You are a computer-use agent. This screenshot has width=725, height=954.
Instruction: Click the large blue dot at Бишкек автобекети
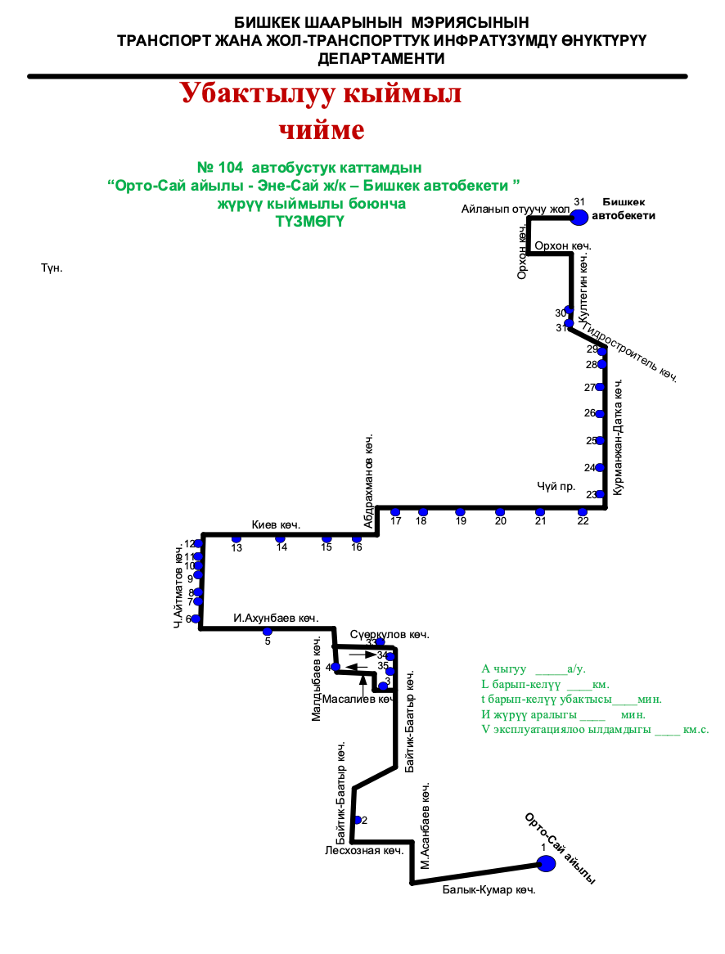pos(579,218)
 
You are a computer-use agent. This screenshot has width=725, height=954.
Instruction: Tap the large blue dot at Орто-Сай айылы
pos(546,862)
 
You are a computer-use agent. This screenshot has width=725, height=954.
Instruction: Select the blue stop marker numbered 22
pos(583,512)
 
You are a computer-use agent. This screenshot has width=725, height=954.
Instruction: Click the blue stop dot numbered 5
pos(267,631)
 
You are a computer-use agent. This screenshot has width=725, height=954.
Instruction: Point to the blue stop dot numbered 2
pos(357,820)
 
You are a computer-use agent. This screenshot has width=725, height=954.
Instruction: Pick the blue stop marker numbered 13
pos(236,538)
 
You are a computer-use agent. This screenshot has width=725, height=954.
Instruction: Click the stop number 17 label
pos(396,521)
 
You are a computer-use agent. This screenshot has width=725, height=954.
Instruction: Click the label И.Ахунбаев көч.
pos(275,619)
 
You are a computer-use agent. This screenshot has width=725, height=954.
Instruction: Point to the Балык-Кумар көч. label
pos(489,890)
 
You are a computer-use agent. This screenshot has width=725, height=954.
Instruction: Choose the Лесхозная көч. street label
pos(364,851)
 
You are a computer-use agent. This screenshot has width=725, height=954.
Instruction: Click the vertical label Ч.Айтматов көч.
pos(178,586)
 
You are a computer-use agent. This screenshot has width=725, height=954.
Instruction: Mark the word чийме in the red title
pos(321,130)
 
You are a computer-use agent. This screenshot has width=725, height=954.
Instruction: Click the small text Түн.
pos(52,268)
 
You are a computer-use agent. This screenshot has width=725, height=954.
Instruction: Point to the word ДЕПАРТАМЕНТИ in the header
pos(381,59)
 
